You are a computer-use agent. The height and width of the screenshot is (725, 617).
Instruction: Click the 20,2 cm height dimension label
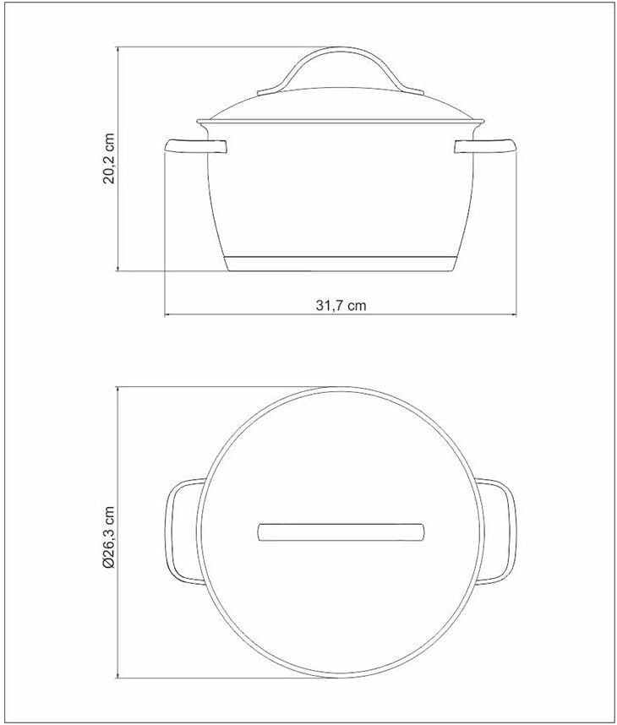click(108, 160)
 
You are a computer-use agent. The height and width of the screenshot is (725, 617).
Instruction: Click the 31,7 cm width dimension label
click(341, 306)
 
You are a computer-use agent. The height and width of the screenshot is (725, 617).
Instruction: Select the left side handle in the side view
click(196, 146)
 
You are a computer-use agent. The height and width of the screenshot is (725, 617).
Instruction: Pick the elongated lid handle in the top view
click(341, 531)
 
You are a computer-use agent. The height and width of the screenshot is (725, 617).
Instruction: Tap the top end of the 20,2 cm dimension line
click(118, 48)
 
